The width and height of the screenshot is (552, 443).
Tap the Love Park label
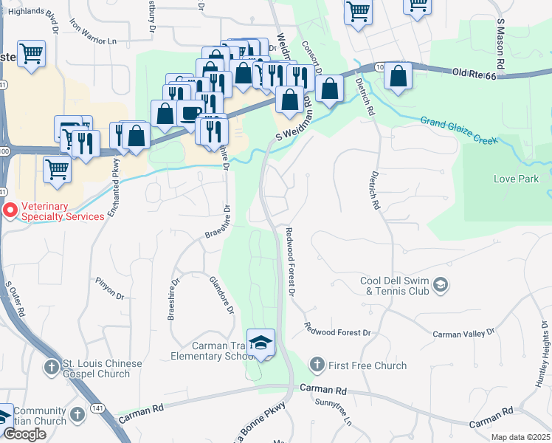517,179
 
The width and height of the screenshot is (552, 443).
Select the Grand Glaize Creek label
458,130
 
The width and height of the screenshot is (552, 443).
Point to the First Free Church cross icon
317,365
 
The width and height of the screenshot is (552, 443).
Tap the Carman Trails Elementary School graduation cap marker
261,343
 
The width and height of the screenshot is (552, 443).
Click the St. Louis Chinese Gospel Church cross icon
52,367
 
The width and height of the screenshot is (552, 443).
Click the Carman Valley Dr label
463,334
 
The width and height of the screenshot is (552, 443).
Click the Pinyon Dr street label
110,288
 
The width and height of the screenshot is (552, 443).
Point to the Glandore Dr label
221,294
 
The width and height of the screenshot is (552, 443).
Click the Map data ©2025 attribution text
520,437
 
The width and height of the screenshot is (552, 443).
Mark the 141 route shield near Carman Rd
97,408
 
